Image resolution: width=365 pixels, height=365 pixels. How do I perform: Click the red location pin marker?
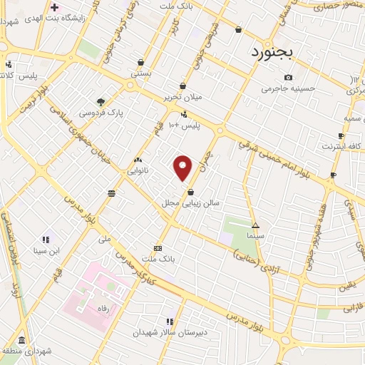183,168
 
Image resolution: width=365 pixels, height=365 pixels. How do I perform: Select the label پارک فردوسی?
99,113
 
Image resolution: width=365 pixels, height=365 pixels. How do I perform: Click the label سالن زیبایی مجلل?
191,203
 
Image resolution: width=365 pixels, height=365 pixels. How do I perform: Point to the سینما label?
255,235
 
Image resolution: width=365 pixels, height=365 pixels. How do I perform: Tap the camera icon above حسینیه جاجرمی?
288,77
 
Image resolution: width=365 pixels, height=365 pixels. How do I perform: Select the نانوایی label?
138,171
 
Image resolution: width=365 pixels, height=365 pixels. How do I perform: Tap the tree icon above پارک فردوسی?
101,102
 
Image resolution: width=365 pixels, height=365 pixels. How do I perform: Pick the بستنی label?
141,73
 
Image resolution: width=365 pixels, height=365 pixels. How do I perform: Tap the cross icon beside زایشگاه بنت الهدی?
55,8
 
